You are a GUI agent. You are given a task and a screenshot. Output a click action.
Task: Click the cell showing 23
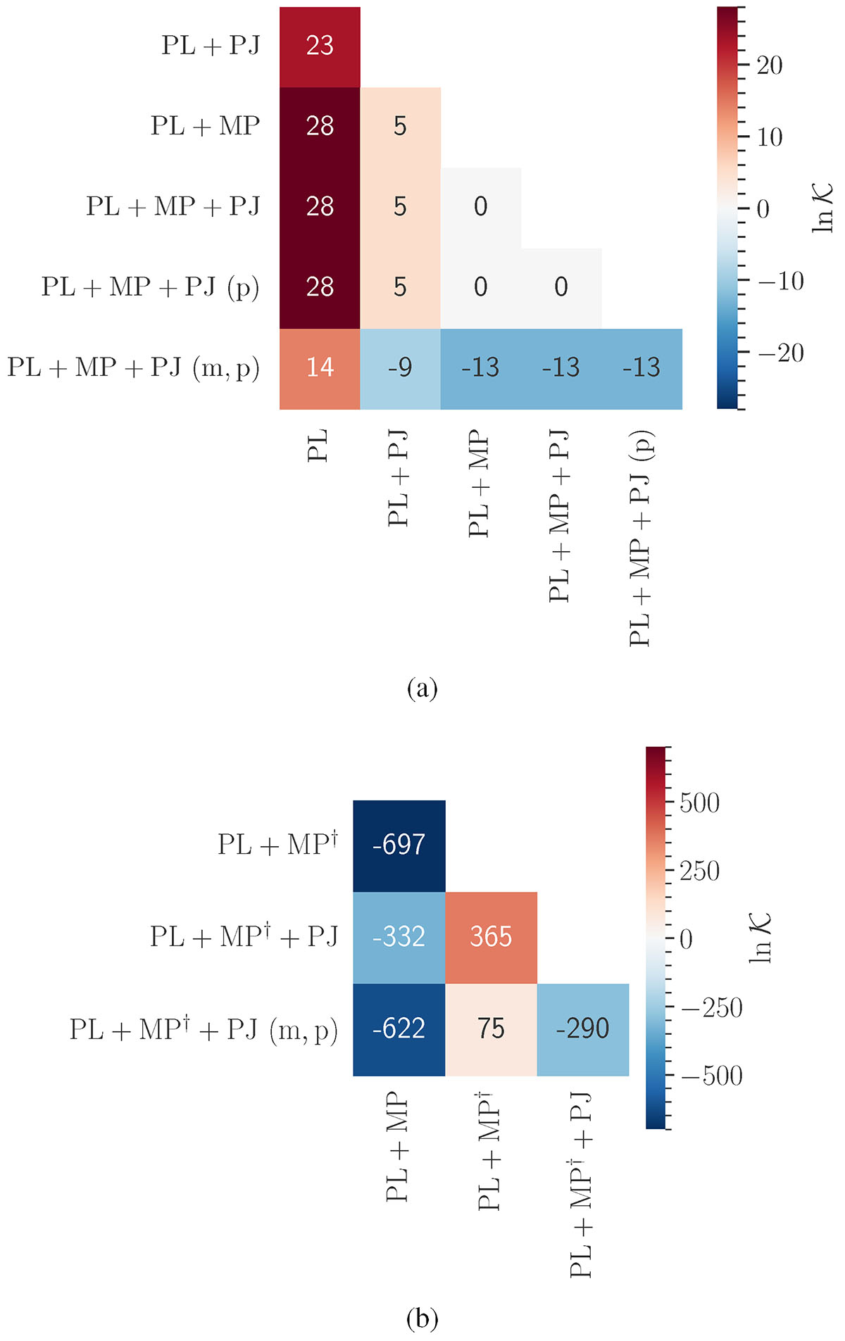point(320,46)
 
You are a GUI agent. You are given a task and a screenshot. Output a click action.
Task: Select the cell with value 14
point(320,368)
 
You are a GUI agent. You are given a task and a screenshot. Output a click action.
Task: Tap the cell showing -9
point(400,368)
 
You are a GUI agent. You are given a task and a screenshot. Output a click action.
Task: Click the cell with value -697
point(399,845)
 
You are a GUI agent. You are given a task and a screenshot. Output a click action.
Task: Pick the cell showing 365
point(491,937)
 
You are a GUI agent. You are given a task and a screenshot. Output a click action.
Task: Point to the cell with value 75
point(491,1029)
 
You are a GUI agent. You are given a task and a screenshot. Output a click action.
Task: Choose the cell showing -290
point(582,1029)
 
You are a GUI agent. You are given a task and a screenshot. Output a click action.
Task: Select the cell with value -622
point(399,1029)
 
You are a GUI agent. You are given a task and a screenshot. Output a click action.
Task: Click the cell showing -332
point(399,937)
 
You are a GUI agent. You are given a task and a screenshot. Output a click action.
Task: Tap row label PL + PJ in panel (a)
point(211,46)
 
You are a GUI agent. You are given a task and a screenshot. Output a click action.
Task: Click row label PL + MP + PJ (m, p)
point(134,367)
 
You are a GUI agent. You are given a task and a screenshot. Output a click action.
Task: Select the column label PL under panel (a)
point(318,446)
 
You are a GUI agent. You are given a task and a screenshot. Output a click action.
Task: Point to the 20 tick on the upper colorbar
point(769,66)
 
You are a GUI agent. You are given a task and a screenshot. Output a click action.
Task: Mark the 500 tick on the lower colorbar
point(699,803)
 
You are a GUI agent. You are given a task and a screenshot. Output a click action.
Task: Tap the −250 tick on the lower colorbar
point(711,1008)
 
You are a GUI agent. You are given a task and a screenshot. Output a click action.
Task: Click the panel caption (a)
point(423,688)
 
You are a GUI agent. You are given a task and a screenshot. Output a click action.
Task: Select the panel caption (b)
point(423,1318)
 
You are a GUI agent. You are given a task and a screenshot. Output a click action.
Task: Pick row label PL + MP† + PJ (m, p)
point(204,1030)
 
